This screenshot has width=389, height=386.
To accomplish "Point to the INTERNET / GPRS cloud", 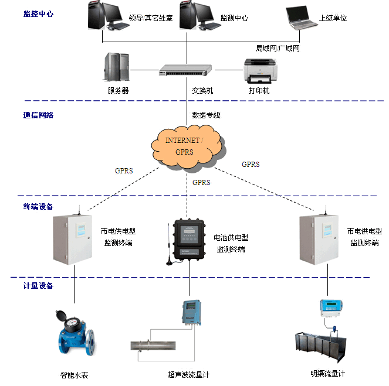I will tap(187, 146).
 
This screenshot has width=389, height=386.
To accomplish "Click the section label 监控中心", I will tap(38, 13).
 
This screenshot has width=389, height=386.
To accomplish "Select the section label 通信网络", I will tap(38, 115).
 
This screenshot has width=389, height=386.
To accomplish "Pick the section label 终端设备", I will tap(38, 206).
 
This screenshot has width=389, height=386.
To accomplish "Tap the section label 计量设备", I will tap(38, 285).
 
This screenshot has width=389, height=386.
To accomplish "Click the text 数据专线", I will tap(206, 115).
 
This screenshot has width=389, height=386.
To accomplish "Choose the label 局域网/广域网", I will tap(278, 48).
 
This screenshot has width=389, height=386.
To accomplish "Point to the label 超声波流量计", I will tap(188, 374).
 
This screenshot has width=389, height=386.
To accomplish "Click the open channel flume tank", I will tap(319, 347).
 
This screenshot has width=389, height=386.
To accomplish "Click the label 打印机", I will tap(259, 91).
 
